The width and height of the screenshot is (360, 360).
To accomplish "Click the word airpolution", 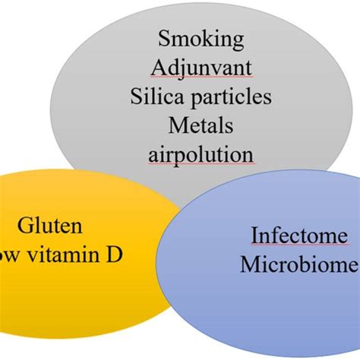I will tap(201, 154).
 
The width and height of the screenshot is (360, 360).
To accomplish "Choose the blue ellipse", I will tap(258, 311).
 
